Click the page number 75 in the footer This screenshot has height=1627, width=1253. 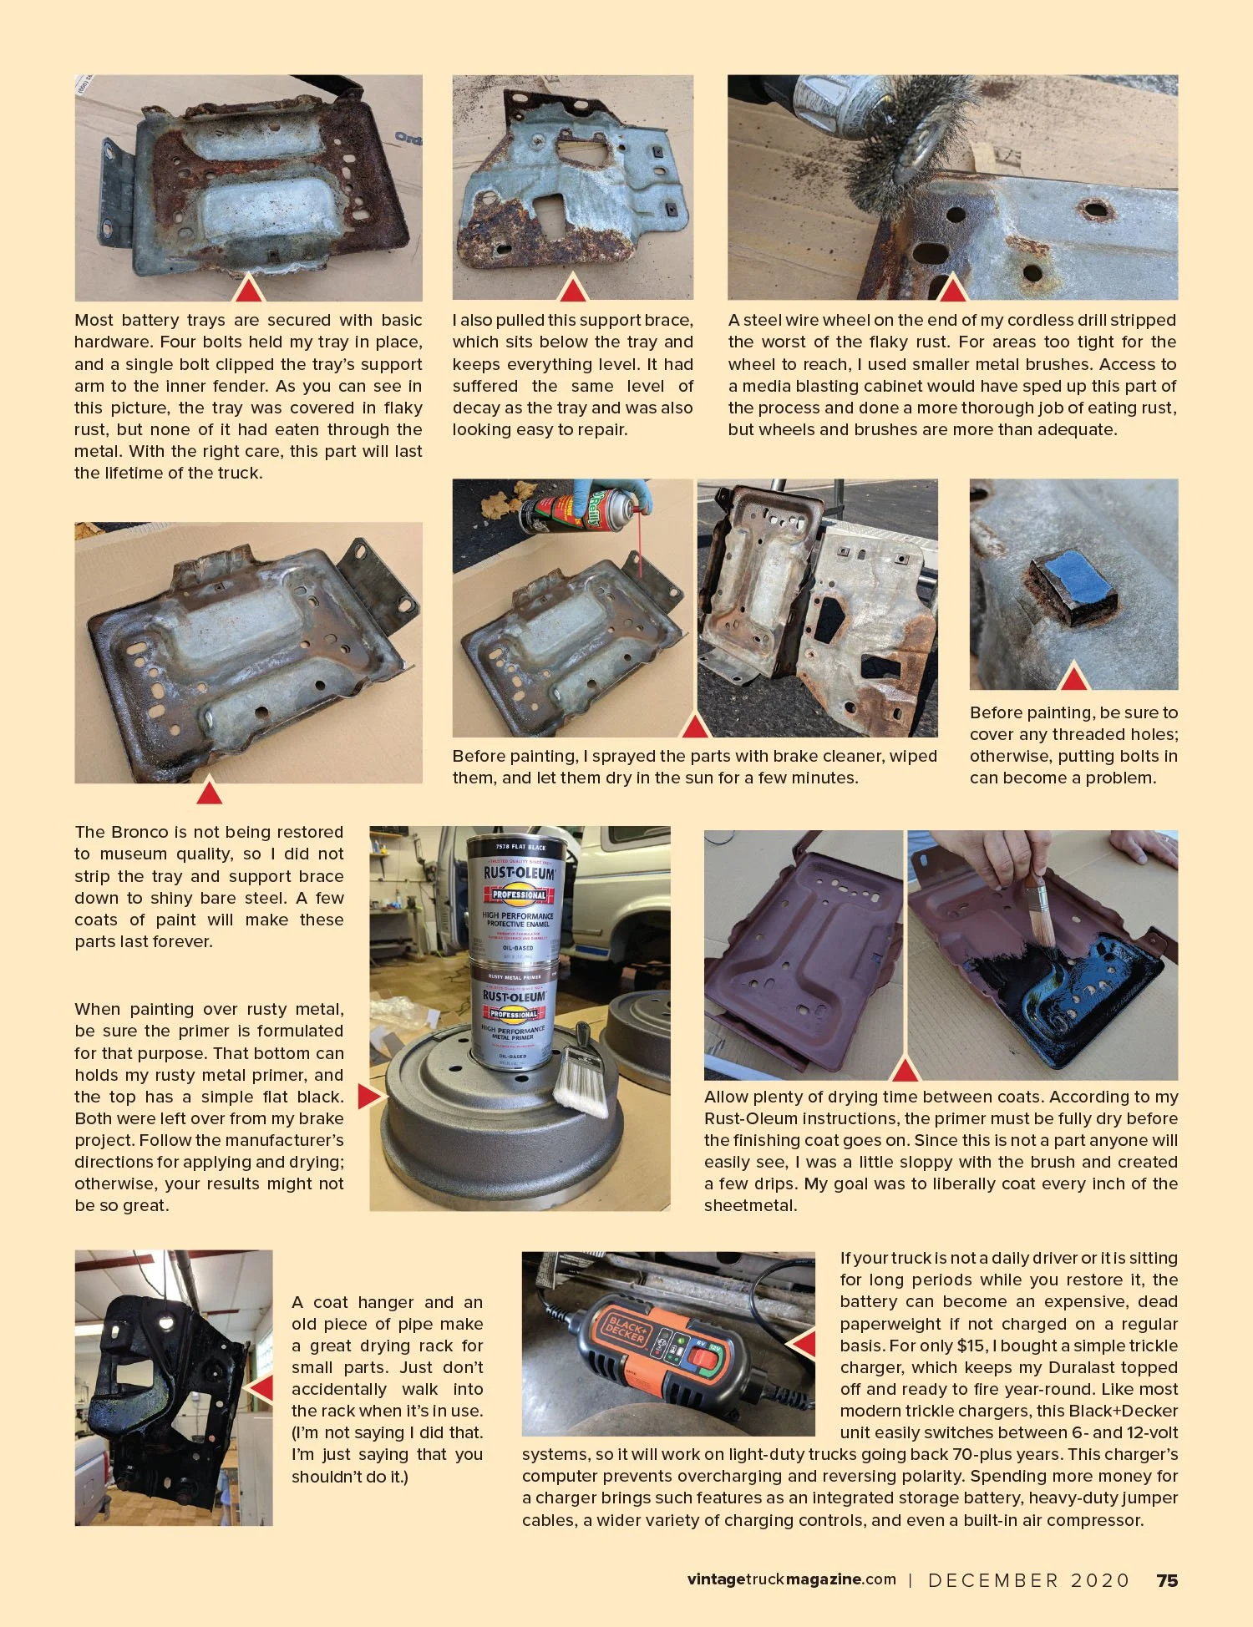pos(1167,1580)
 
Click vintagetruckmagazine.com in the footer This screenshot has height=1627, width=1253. pos(791,1579)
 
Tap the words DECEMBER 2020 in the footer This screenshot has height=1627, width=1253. pos(1028,1580)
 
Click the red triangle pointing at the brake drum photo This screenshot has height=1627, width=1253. pos(370,1096)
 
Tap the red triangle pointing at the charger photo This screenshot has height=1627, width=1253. pos(804,1343)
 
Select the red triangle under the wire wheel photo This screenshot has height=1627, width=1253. pos(952,288)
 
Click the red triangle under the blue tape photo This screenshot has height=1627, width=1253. pos(1073,677)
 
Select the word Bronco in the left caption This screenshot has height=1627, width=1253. pos(140,832)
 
